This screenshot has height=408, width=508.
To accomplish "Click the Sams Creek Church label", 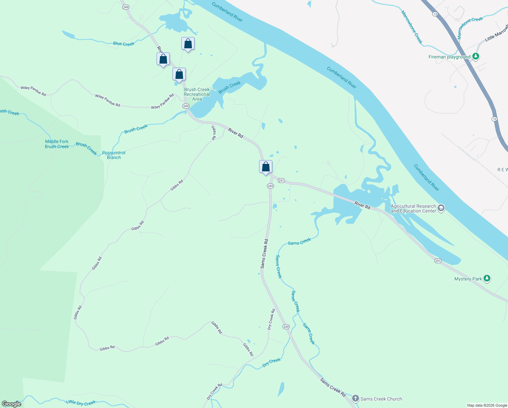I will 381,399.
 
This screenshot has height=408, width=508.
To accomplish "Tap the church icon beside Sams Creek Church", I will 355,398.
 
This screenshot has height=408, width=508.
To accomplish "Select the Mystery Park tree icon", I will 487,278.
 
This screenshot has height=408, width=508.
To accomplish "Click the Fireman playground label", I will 449,57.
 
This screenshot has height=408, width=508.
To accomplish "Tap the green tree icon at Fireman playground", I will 476,56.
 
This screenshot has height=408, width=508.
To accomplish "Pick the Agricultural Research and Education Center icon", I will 441,208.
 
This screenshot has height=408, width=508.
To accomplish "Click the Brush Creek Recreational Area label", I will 197,94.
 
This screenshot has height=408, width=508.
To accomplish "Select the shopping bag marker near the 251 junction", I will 266,167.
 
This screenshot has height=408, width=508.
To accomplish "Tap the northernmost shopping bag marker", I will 188,44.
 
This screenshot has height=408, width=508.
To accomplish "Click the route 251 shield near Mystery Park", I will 437,261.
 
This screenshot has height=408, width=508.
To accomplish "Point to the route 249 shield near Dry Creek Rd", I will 286,326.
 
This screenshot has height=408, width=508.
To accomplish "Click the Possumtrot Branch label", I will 114,155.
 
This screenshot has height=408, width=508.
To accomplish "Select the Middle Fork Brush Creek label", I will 57,144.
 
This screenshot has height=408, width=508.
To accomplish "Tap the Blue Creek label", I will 124,44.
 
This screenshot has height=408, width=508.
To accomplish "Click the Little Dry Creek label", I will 81,403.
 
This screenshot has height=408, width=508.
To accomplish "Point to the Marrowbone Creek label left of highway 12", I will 412,27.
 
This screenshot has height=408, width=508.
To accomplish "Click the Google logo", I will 12,404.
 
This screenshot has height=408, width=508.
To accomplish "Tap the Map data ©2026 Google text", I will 487,405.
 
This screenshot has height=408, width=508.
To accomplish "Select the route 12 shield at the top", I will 435,14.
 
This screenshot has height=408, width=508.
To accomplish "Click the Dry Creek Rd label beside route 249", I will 271,319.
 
